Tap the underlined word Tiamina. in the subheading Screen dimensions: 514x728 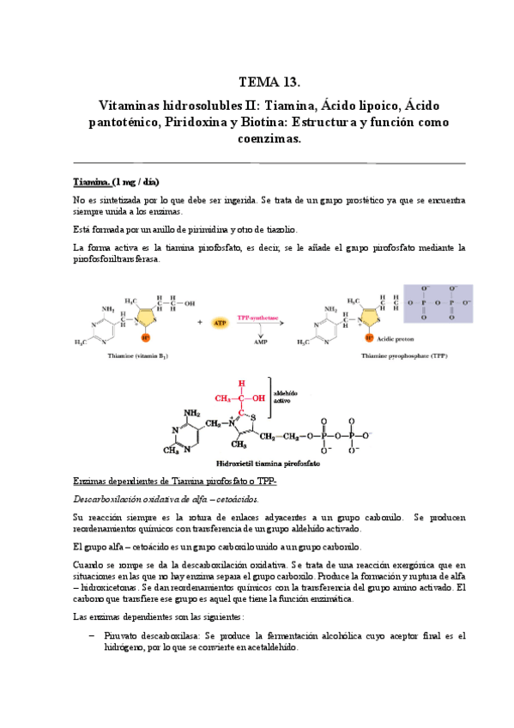click(x=91, y=182)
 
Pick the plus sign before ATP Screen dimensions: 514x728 click(x=199, y=323)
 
